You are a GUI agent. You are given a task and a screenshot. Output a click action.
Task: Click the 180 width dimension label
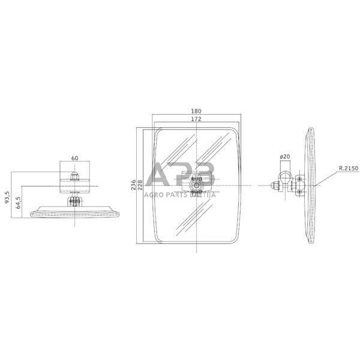click(197, 110)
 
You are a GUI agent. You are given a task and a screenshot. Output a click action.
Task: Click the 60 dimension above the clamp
click(75, 158)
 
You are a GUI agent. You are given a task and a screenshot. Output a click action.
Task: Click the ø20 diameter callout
click(284, 157)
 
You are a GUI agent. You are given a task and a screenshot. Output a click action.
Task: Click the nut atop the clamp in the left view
click(75, 176)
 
